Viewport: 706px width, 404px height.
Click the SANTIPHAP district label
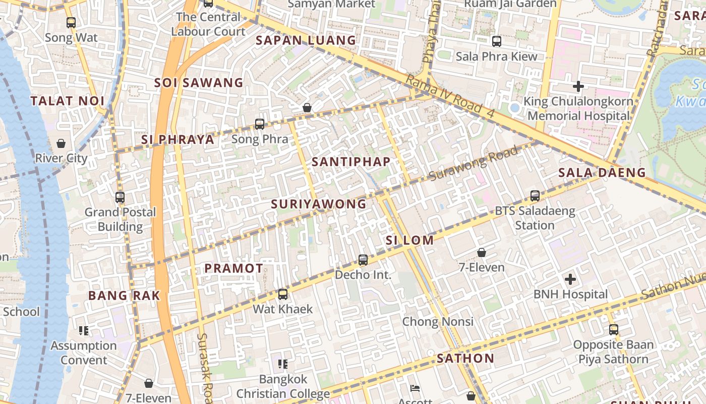pyautogui.click(x=351, y=162)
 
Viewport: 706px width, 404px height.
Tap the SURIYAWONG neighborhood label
pyautogui.click(x=319, y=204)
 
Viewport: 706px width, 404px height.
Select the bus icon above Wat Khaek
pyautogui.click(x=283, y=294)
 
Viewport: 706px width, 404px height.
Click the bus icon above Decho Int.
pyautogui.click(x=363, y=260)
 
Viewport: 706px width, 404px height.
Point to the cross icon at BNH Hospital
pyautogui.click(x=570, y=279)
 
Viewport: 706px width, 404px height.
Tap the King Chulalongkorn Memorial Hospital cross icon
pyautogui.click(x=578, y=86)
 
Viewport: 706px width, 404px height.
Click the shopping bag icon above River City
pyautogui.click(x=61, y=144)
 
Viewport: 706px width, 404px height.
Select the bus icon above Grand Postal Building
pyautogui.click(x=120, y=197)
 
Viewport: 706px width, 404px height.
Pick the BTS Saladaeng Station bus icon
pyautogui.click(x=535, y=195)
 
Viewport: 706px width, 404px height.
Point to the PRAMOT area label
pyautogui.click(x=234, y=269)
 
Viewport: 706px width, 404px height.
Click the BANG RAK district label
pyautogui.click(x=124, y=296)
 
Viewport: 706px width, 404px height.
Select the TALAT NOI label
pyautogui.click(x=68, y=101)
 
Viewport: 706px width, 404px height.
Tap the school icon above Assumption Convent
pyautogui.click(x=84, y=331)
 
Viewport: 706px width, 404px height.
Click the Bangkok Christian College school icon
pyautogui.click(x=283, y=364)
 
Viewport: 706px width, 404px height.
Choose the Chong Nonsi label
pyautogui.click(x=438, y=322)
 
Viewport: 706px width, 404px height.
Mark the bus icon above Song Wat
pyautogui.click(x=71, y=23)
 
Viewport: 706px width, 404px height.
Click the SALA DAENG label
pyautogui.click(x=602, y=173)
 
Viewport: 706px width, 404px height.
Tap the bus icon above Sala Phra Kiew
pyautogui.click(x=497, y=41)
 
